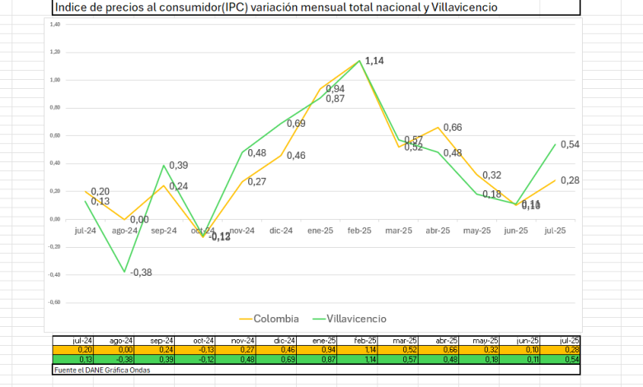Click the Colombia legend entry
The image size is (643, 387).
click(x=270, y=318)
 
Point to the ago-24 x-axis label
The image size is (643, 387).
click(x=124, y=231)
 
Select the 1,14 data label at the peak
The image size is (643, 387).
click(x=375, y=61)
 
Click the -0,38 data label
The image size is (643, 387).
click(x=143, y=273)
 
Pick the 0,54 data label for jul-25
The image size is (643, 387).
click(x=570, y=144)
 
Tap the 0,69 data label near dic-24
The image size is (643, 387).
click(x=296, y=124)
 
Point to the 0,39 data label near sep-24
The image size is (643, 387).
click(x=179, y=166)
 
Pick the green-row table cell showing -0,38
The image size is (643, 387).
click(x=124, y=358)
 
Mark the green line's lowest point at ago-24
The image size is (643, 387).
click(x=125, y=272)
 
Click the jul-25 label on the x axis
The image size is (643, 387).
click(x=554, y=231)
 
